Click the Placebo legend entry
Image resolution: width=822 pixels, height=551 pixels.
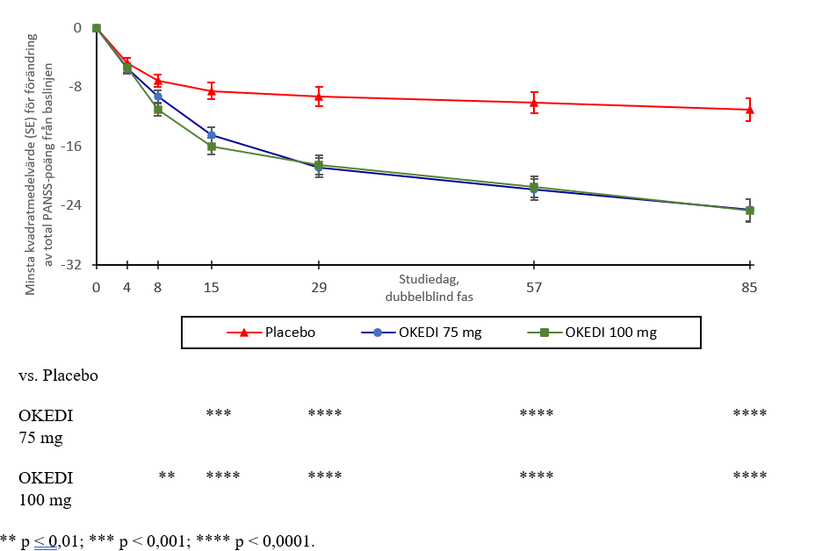[271, 333]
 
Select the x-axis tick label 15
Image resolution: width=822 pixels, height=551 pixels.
[212, 287]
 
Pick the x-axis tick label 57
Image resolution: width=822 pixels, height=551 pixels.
[534, 287]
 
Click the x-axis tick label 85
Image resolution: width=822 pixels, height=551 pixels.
[749, 287]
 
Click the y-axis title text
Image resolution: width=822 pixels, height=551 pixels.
[40, 162]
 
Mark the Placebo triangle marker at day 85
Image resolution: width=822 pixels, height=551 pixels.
[749, 109]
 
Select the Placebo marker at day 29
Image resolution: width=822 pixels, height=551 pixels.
[319, 96]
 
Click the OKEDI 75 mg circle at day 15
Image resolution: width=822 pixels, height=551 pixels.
[212, 135]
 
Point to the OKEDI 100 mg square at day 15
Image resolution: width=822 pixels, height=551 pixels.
[212, 147]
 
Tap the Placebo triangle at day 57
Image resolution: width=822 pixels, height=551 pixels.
[534, 103]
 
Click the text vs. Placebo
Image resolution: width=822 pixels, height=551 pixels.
[59, 376]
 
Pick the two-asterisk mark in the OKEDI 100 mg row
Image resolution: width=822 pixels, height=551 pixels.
[167, 476]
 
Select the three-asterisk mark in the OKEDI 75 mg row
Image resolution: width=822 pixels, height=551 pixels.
[219, 412]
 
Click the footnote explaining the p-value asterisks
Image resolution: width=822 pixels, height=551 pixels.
[158, 540]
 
